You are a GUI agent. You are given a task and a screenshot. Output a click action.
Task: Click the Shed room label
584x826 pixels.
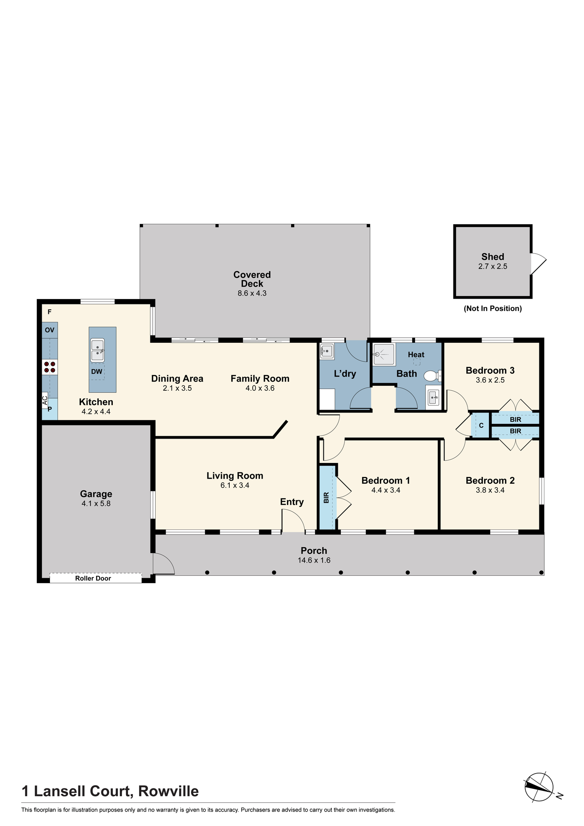493,257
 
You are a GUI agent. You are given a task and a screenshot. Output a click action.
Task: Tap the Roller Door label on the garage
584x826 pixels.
93,578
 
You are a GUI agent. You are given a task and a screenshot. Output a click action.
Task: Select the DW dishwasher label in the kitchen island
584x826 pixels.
97,372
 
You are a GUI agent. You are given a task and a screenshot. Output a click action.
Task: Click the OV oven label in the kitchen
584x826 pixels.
50,330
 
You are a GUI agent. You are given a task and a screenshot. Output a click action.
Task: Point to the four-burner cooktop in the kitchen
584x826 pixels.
50,367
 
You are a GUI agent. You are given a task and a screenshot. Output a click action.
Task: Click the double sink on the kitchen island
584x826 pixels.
97,350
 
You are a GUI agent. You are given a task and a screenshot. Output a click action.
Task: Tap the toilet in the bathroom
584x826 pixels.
433,376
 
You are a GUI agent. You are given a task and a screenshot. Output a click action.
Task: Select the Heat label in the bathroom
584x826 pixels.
416,355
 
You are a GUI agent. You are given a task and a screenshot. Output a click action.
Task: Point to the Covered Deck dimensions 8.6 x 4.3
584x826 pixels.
252,293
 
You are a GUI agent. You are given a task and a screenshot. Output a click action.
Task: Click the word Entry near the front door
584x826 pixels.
292,502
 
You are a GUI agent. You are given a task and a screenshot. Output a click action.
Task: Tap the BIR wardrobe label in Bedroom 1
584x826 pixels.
326,497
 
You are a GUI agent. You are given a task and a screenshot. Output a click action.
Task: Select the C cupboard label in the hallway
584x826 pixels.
481,425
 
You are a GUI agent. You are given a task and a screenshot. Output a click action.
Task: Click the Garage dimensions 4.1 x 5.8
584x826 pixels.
96,503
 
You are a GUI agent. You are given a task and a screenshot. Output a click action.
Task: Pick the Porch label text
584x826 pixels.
314,551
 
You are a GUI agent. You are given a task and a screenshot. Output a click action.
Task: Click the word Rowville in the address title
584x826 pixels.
169,791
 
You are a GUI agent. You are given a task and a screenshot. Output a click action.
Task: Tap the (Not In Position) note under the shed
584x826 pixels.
493,309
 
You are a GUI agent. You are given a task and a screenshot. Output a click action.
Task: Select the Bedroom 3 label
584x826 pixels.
490,370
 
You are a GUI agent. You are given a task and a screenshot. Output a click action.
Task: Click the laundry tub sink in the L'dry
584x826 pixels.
327,351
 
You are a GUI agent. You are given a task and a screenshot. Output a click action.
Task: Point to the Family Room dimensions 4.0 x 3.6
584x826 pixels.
260,388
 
